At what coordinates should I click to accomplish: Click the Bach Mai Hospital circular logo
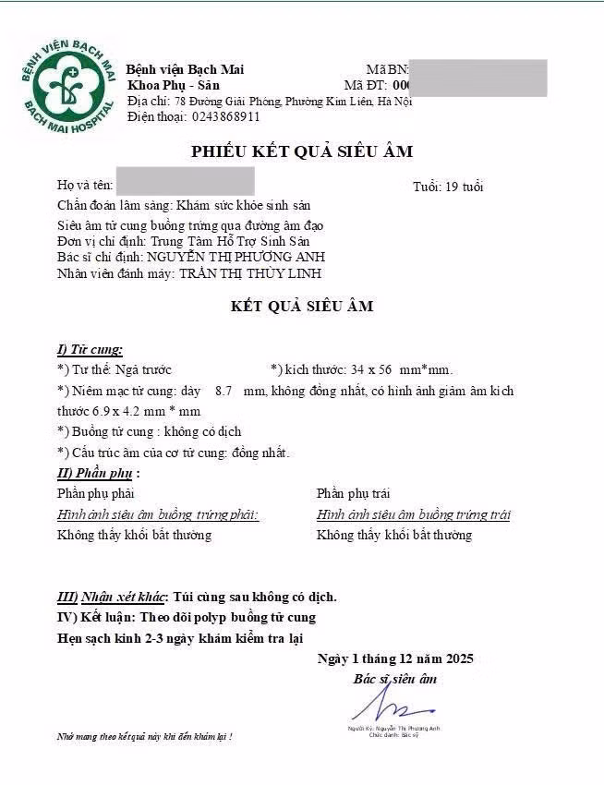point(69,89)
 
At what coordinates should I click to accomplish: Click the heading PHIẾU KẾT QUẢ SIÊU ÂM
point(301,151)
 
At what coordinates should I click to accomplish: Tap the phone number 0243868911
point(225,117)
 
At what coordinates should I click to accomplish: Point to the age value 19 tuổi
point(462,187)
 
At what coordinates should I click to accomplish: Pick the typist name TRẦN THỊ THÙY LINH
point(250,273)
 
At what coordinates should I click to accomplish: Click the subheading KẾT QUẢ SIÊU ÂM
point(301,306)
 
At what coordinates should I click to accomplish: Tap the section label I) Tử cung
point(90,349)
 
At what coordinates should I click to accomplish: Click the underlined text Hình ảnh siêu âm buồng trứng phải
point(158,514)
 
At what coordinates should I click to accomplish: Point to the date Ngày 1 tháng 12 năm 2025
point(394,658)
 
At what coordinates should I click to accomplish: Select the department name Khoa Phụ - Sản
point(174,85)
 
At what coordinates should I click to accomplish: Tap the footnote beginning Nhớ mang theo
point(144,737)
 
